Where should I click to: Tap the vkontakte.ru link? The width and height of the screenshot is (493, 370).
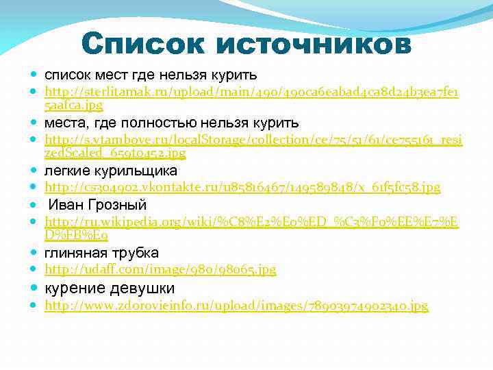tap(242, 187)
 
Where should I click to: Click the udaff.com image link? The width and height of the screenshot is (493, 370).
tap(160, 270)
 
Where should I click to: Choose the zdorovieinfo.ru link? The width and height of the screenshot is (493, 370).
tap(236, 306)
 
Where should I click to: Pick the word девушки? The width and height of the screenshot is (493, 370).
tap(140, 288)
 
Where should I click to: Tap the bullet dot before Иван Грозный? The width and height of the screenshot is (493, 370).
tap(34, 205)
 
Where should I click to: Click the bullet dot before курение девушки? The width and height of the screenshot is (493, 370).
tap(34, 288)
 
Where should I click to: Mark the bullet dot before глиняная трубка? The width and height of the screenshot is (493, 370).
tap(34, 253)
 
